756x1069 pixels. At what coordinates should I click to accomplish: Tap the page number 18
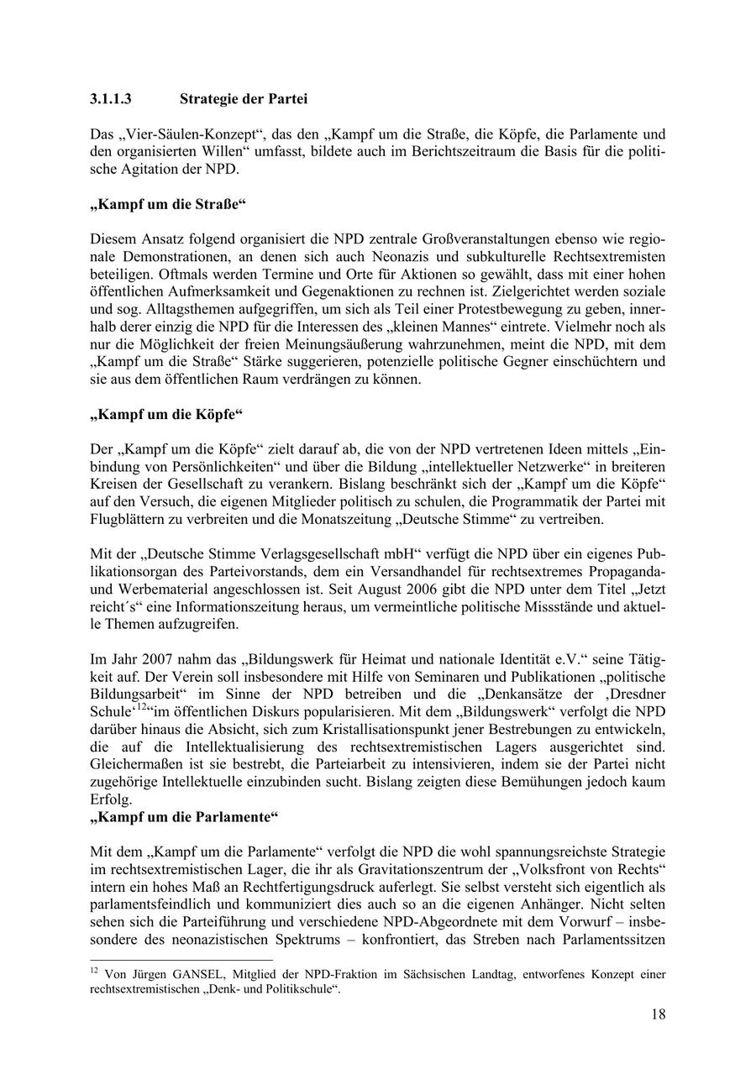click(658, 1014)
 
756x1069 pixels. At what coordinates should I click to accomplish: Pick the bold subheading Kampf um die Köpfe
click(165, 415)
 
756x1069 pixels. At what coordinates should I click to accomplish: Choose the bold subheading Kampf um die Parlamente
click(183, 816)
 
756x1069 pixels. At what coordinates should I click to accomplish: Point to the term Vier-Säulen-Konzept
click(182, 134)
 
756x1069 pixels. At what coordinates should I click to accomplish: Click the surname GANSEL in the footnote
click(194, 975)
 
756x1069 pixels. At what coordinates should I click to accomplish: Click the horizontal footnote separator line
click(181, 959)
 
